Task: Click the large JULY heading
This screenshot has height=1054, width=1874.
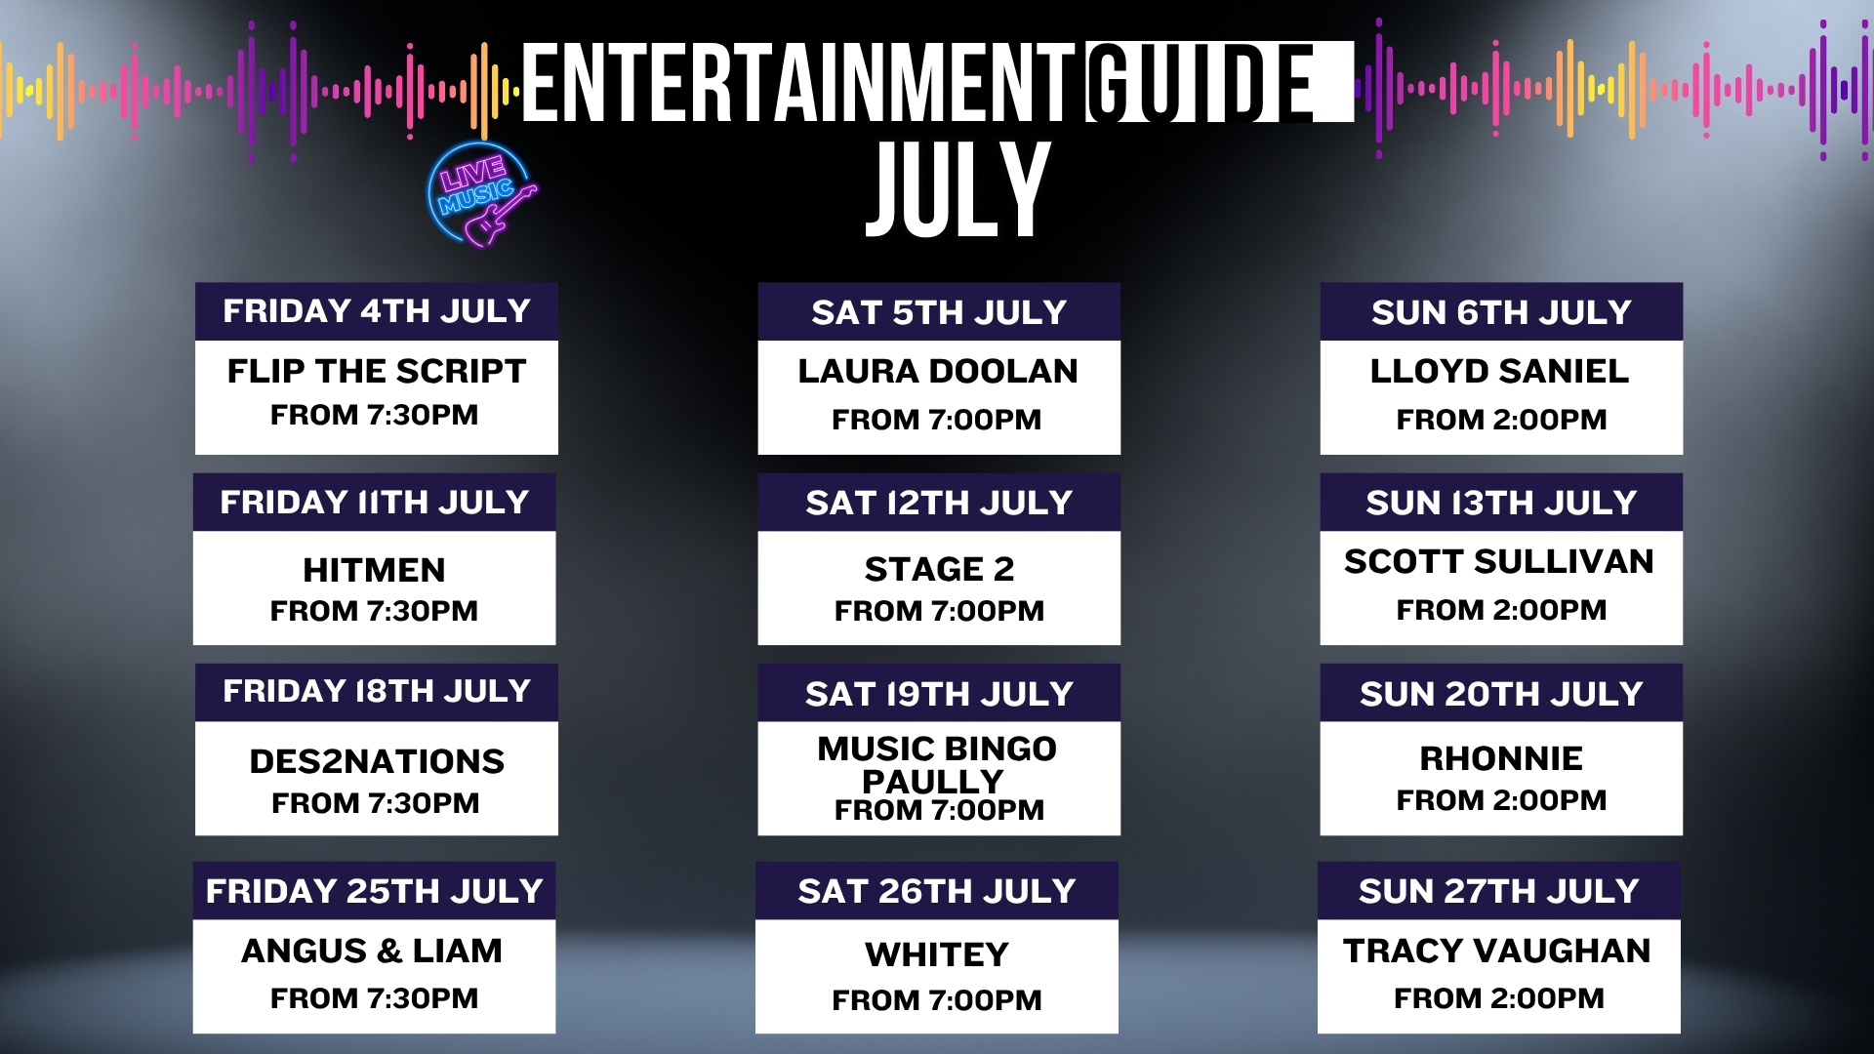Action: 957,189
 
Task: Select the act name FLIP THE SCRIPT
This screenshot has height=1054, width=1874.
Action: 376,371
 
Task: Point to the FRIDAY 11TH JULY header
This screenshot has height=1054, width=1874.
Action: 375,502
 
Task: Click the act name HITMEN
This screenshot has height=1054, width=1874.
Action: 374,570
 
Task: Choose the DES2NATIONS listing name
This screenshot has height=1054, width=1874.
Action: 377,761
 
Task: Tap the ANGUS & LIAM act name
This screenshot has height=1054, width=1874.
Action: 372,951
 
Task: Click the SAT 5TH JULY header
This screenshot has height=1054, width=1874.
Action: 939,312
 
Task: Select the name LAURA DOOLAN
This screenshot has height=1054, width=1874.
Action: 938,371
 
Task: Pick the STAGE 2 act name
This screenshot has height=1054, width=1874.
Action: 939,569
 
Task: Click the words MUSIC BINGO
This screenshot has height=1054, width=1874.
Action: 937,749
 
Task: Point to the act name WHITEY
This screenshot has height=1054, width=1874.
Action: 937,954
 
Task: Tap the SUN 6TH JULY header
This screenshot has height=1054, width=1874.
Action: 1501,312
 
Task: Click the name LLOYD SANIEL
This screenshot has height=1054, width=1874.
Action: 1500,371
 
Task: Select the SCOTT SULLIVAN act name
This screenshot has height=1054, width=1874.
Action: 1499,561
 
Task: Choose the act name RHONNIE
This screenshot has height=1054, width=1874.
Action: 1501,758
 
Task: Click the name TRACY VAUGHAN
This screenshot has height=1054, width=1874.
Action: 1497,951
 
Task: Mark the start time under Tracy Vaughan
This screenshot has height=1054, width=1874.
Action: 1499,998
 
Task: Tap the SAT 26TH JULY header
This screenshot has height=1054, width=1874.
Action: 937,891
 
